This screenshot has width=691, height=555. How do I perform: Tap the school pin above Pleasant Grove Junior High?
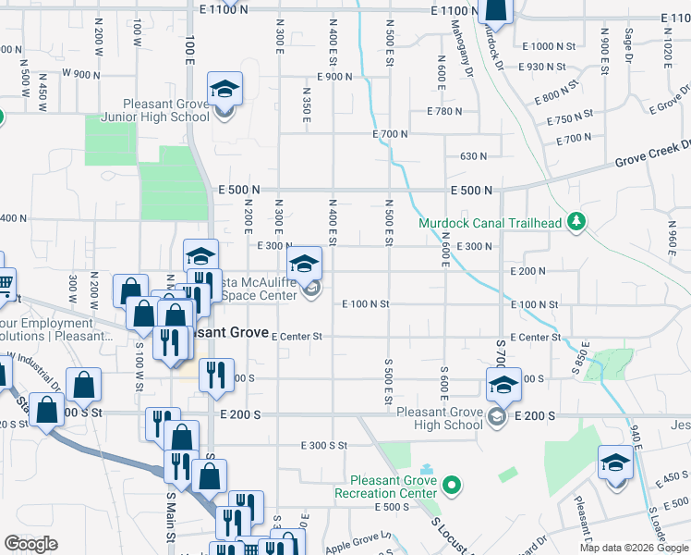pyautogui.click(x=224, y=90)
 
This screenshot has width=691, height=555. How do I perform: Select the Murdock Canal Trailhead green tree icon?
pyautogui.click(x=577, y=221)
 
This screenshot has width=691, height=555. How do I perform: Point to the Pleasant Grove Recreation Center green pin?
pyautogui.click(x=451, y=485)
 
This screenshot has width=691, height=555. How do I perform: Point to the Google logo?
pyautogui.click(x=31, y=544)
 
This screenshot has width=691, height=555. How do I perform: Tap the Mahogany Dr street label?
pyautogui.click(x=467, y=55)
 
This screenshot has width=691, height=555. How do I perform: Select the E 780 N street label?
pyautogui.click(x=444, y=111)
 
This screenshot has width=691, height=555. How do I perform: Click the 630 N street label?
pyautogui.click(x=473, y=156)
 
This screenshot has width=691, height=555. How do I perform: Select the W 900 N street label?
pyautogui.click(x=80, y=73)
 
